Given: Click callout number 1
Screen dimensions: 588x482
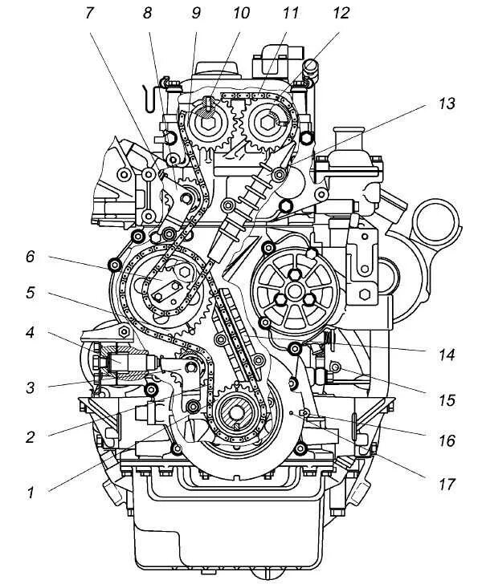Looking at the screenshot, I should [31, 493].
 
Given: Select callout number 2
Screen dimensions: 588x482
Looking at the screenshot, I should [31, 437].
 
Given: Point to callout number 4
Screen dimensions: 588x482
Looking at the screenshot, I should [31, 332].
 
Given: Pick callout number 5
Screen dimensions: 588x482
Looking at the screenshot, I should [31, 293].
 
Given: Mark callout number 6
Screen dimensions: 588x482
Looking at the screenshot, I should [31, 257].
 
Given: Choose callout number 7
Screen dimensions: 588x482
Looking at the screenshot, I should [89, 14].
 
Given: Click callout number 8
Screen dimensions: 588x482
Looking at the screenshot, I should [147, 14].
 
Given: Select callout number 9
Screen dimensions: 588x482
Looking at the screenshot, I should [195, 14].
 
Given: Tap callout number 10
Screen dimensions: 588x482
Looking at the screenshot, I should [241, 14].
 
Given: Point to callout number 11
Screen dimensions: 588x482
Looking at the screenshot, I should [290, 14].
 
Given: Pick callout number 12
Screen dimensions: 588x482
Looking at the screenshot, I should [341, 14].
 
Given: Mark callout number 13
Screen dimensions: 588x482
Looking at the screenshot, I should [447, 103].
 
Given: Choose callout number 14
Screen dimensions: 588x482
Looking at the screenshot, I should [447, 353].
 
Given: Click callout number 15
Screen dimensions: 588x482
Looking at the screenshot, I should [447, 399].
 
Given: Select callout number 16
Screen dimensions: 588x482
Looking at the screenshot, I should [447, 440].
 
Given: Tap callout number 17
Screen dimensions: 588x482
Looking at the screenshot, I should [447, 485].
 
